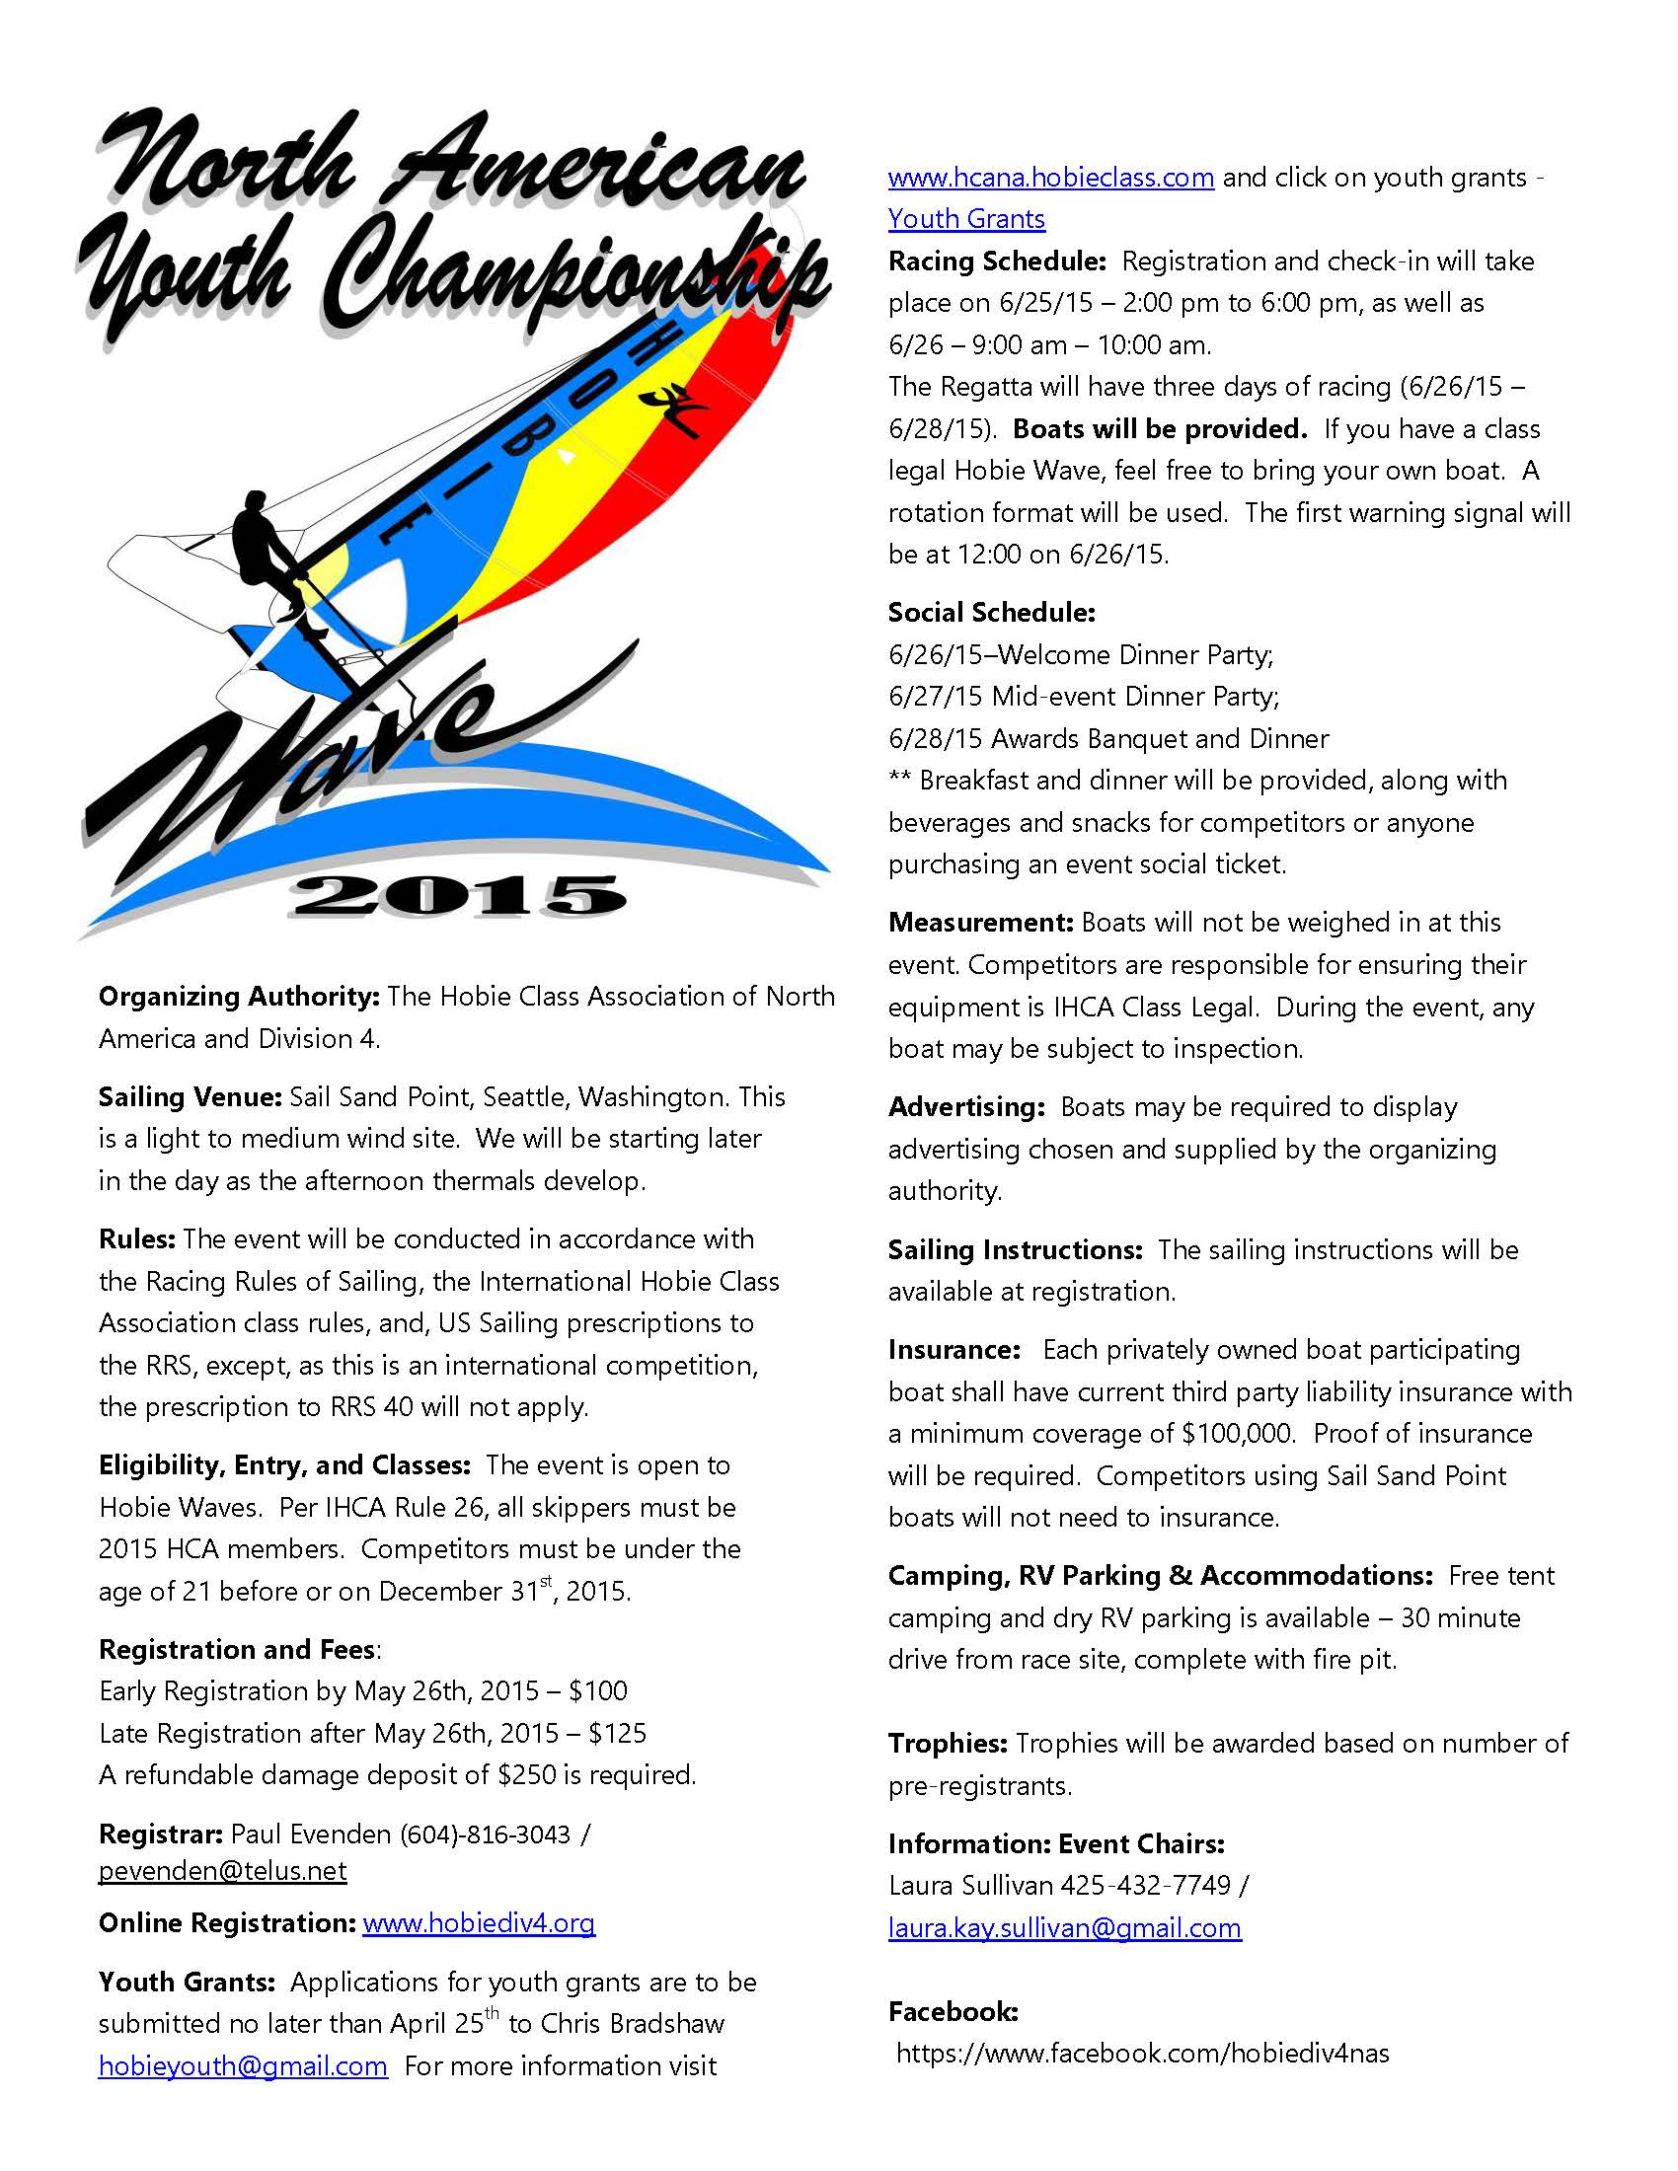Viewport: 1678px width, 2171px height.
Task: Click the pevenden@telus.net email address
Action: [x=223, y=1871]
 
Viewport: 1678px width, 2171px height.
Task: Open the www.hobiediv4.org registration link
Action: [x=478, y=1922]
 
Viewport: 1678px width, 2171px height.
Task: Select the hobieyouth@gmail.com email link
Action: [x=243, y=2065]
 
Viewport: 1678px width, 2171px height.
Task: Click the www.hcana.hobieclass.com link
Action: [x=1051, y=177]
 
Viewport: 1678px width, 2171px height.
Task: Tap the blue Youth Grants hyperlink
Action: [x=966, y=219]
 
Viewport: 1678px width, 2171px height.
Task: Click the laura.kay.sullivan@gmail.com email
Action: [x=1065, y=1927]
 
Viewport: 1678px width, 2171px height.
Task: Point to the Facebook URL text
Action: [x=1142, y=2053]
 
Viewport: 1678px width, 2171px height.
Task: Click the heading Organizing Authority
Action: [x=239, y=996]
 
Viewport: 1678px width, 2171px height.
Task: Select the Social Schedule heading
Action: [x=991, y=613]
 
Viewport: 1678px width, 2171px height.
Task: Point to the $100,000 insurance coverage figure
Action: [x=1238, y=1434]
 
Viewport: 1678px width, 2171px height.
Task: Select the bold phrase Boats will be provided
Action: [x=1159, y=429]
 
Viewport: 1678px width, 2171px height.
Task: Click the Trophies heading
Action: [x=949, y=1743]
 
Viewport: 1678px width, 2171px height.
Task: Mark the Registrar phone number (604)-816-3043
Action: [x=485, y=1834]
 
